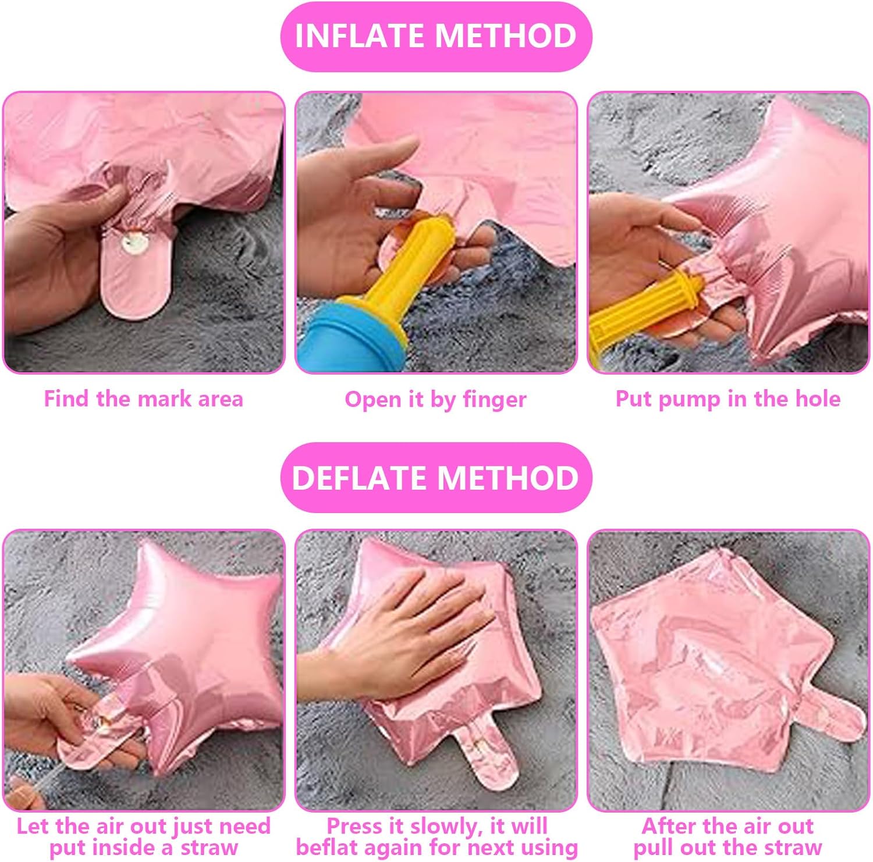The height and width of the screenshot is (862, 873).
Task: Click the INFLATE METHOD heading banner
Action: point(436,36)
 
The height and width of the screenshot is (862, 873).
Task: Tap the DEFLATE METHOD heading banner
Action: point(436,478)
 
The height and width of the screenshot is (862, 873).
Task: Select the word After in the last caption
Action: point(668,826)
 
